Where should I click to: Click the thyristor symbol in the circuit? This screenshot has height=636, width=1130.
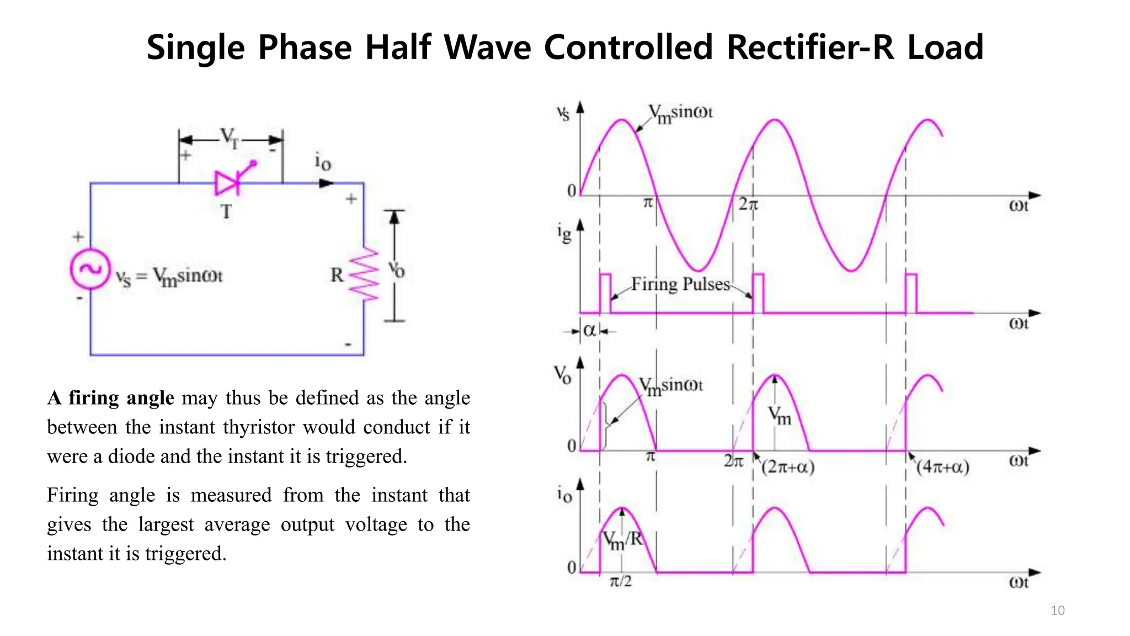(x=228, y=183)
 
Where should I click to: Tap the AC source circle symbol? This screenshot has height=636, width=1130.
(x=90, y=269)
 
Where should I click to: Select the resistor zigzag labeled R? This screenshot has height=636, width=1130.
(x=365, y=274)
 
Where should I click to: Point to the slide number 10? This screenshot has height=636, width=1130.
(x=1057, y=610)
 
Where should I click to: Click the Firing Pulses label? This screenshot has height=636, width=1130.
(x=680, y=284)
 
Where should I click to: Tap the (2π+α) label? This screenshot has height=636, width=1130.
(x=787, y=468)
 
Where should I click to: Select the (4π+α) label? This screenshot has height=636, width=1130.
(x=942, y=468)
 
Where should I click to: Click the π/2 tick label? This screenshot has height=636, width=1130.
(x=621, y=581)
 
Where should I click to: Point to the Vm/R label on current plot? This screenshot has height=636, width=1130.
(x=622, y=539)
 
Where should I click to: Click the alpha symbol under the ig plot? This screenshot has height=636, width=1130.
(x=589, y=331)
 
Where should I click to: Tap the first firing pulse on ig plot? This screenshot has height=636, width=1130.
(x=605, y=293)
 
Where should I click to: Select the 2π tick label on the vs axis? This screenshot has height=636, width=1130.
(x=748, y=205)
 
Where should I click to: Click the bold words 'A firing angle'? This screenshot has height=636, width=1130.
(x=110, y=398)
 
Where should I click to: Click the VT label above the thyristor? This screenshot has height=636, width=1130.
(x=230, y=137)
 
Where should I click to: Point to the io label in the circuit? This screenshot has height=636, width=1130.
(x=323, y=162)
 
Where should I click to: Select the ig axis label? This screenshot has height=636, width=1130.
(x=564, y=233)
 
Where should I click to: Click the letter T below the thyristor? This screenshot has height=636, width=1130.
(x=226, y=211)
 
